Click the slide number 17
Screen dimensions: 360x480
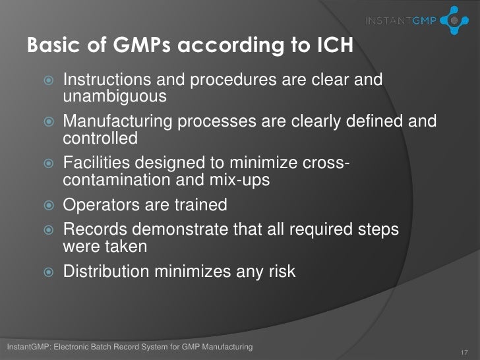click(x=465, y=351)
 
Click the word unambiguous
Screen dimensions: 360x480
click(x=114, y=97)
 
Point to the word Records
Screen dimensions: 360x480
click(x=92, y=228)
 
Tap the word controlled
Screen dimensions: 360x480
click(x=100, y=138)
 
